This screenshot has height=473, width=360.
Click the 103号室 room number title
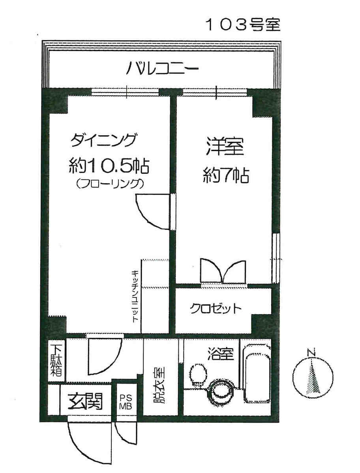point(243,24)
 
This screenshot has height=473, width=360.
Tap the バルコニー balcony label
point(162,69)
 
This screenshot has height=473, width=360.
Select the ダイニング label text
point(103,140)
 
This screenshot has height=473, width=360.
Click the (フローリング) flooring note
point(109,184)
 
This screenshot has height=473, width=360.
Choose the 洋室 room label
point(225,147)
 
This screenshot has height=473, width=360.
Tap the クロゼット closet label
point(216,308)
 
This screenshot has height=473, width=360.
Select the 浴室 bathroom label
point(221,353)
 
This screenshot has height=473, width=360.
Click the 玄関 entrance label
point(86,401)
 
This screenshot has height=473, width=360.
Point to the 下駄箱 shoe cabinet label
point(56,360)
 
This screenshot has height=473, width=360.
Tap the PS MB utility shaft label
point(126,402)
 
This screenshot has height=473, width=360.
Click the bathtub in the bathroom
point(257,373)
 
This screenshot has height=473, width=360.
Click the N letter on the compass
point(311,352)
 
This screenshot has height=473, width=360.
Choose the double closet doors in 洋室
point(223,271)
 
